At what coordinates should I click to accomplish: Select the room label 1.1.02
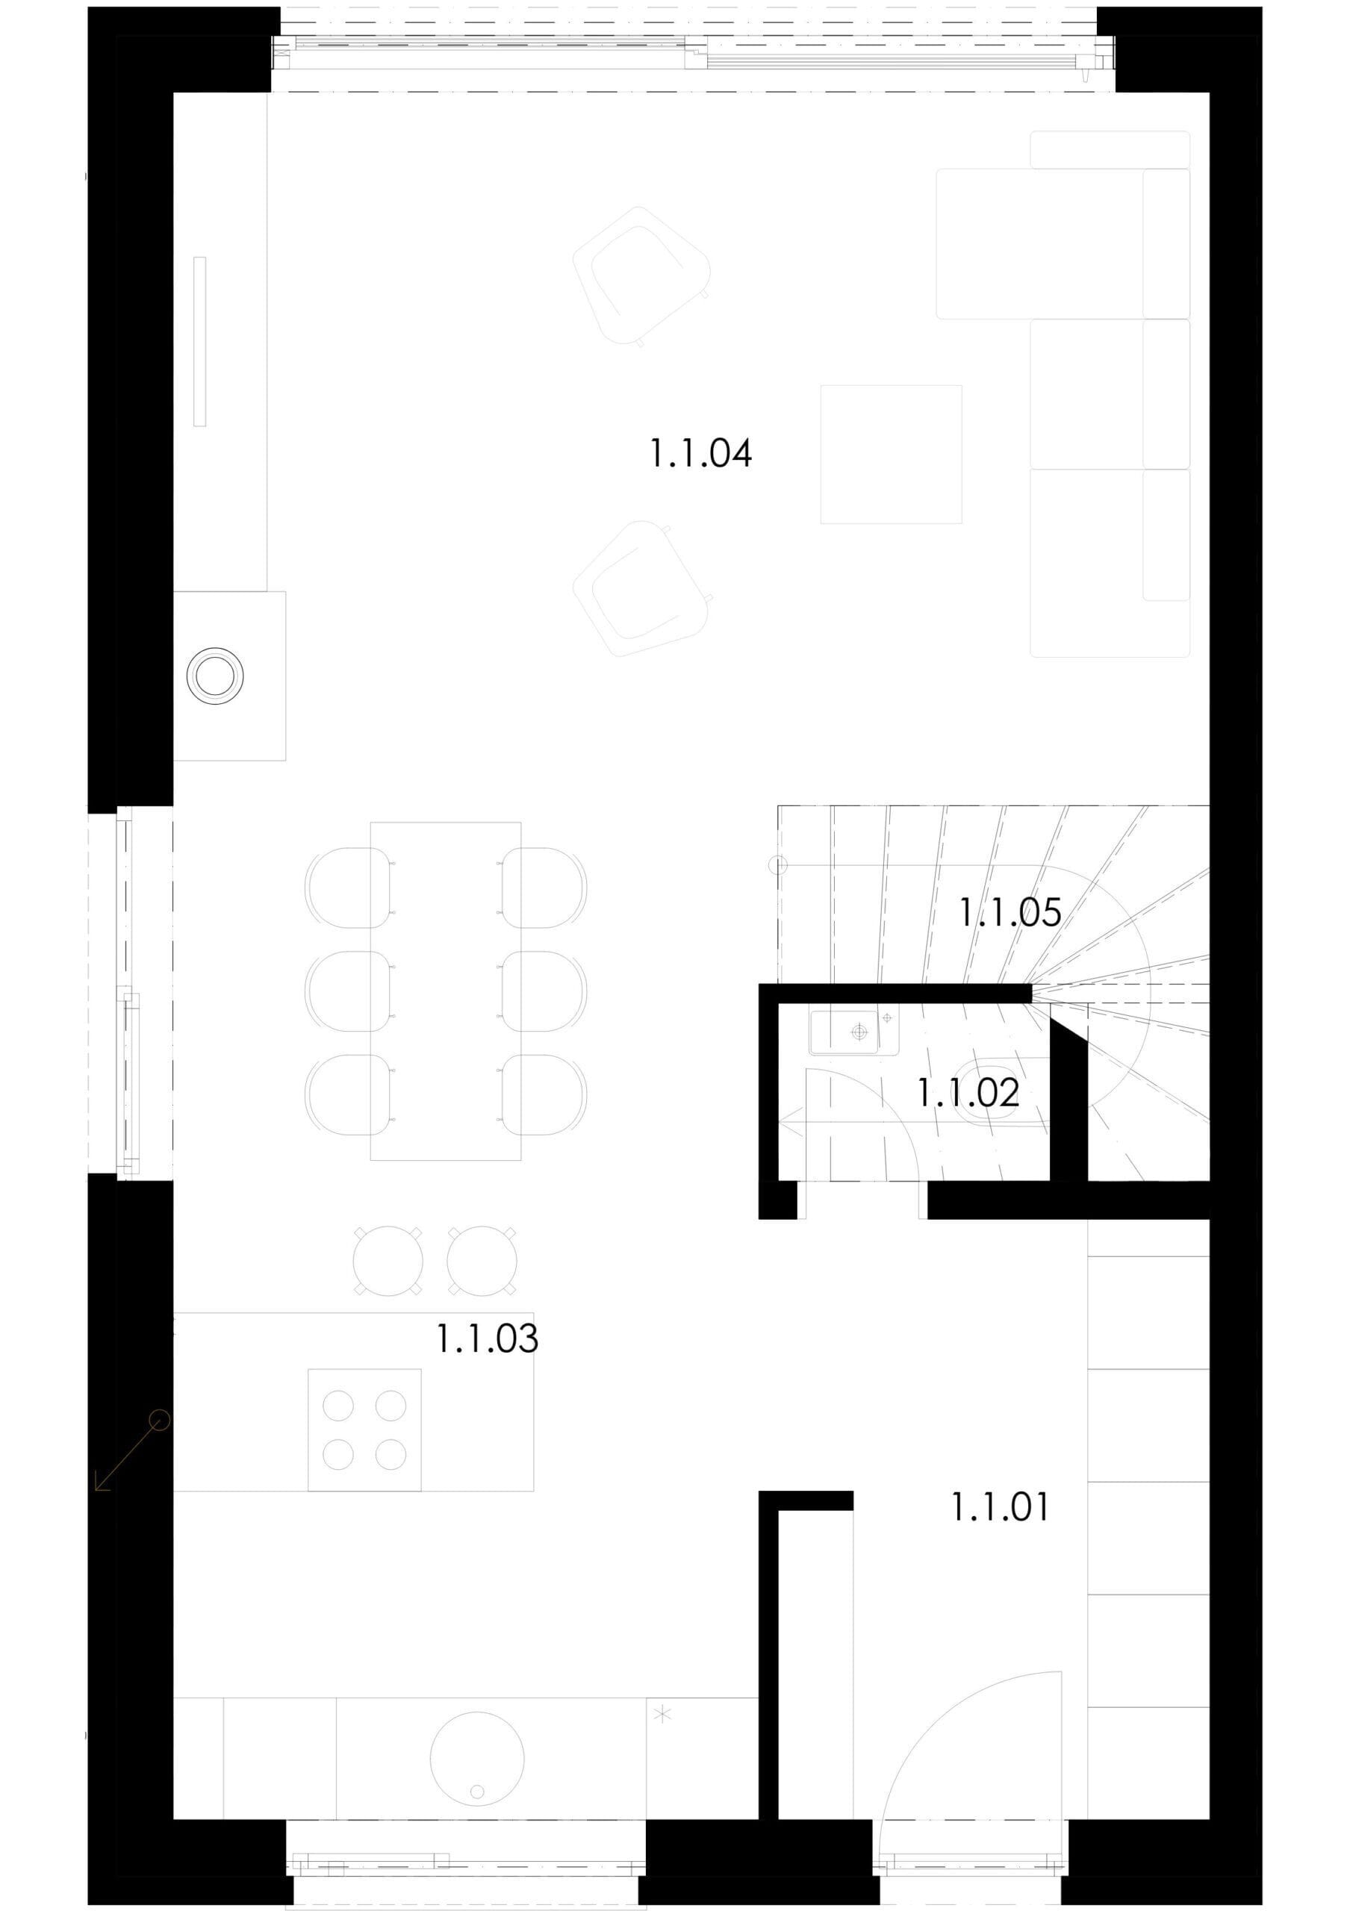click(967, 1093)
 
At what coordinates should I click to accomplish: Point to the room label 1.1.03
click(487, 1338)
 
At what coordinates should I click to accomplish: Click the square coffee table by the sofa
click(891, 455)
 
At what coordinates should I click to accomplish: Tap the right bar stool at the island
click(481, 1260)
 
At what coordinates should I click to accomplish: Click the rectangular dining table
click(445, 991)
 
